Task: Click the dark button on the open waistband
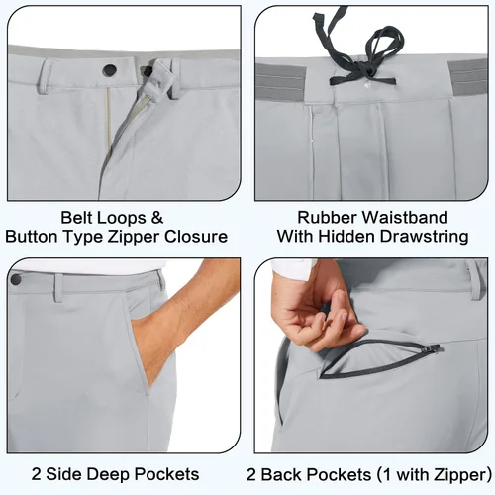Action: click(110, 69)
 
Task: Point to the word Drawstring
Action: click(425, 237)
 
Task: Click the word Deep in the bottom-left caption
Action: click(109, 474)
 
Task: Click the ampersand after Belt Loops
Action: click(157, 218)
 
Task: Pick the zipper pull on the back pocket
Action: click(435, 347)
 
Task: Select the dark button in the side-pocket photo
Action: click(15, 280)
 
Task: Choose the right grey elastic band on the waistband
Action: click(467, 77)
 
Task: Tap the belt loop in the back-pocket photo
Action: click(475, 280)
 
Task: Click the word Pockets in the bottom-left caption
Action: click(167, 474)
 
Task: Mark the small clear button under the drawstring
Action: click(367, 85)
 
